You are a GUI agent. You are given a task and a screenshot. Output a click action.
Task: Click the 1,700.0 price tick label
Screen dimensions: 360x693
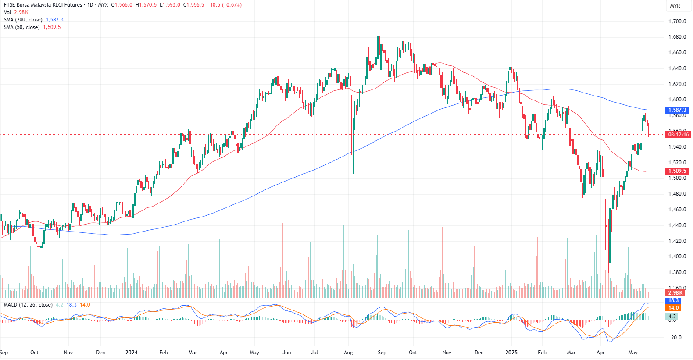(x=677, y=21)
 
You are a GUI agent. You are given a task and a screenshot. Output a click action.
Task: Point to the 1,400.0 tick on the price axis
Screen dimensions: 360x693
(x=677, y=257)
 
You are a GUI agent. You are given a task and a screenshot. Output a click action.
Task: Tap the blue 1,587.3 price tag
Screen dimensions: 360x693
(x=677, y=110)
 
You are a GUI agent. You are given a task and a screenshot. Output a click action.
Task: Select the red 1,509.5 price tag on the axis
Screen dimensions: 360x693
(x=677, y=171)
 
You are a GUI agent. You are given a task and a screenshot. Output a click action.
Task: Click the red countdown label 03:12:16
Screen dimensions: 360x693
(x=678, y=135)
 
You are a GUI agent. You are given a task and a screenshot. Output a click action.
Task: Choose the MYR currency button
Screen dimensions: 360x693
(x=675, y=6)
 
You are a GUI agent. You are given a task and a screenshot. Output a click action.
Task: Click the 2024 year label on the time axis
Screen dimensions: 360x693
(x=131, y=353)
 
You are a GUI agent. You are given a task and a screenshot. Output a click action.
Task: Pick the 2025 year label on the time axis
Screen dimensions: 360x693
(x=511, y=353)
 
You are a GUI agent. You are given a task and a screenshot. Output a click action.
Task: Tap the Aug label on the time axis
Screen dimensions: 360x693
(x=348, y=353)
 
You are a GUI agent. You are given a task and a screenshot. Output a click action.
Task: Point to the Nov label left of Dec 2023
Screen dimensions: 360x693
(x=68, y=353)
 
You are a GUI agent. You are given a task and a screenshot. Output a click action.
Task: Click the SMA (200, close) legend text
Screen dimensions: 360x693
(x=23, y=20)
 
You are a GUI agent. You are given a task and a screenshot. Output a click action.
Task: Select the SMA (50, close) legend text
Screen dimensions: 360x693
(x=21, y=27)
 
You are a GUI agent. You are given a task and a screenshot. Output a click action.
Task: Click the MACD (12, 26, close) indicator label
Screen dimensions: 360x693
(x=28, y=305)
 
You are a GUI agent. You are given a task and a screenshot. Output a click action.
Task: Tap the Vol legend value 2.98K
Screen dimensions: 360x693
(x=21, y=12)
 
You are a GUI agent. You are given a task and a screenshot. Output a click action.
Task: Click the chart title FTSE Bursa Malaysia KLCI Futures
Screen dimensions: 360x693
(x=43, y=5)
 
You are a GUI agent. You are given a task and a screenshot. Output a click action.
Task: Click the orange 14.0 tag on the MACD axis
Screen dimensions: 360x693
(x=673, y=308)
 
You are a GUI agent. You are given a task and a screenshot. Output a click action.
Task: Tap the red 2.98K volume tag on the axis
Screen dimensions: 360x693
(x=675, y=293)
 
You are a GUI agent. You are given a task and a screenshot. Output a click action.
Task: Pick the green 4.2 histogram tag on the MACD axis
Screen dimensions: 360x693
(x=672, y=316)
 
